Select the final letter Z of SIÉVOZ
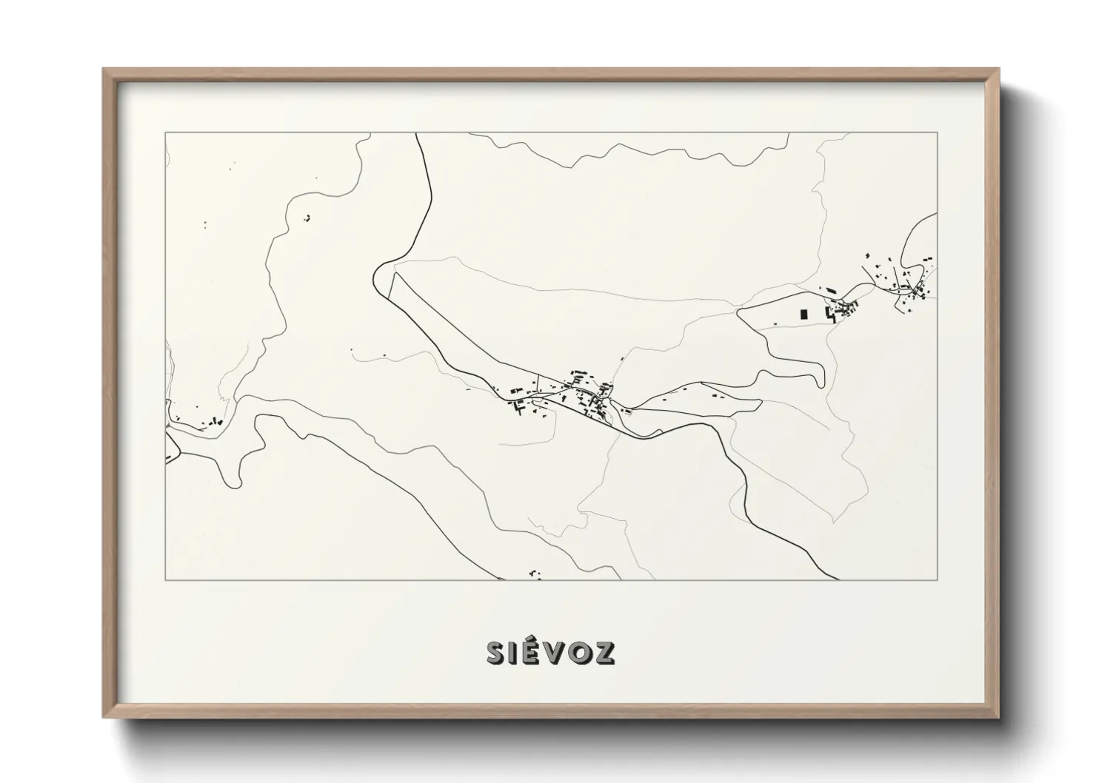click(x=604, y=652)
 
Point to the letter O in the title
click(x=578, y=652)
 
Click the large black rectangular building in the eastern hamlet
click(x=804, y=313)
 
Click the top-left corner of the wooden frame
click(x=104, y=70)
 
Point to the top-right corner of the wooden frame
click(x=999, y=70)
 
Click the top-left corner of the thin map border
click(x=166, y=132)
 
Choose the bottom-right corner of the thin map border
click(x=938, y=579)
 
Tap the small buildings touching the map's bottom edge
click(x=535, y=574)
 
